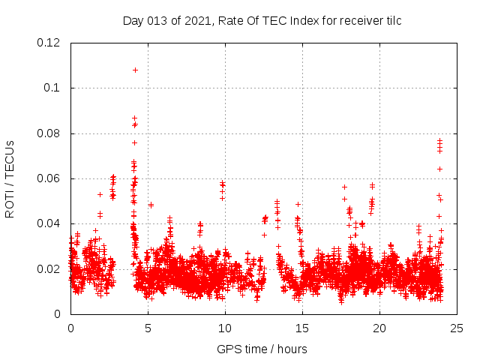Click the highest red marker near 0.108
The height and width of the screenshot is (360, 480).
tap(135, 70)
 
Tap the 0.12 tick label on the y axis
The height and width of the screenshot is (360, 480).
tap(49, 43)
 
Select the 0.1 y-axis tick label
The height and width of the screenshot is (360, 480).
tap(53, 88)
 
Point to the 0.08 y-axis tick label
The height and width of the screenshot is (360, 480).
tap(49, 133)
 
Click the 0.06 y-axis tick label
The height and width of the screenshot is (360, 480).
tap(49, 178)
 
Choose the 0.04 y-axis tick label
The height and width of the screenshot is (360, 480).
tap(49, 223)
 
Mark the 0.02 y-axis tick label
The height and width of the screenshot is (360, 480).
tap(49, 268)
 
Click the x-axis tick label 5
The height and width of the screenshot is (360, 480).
tap(148, 328)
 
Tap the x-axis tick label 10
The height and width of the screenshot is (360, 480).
tap(225, 328)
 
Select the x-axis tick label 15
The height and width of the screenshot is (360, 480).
tap(302, 328)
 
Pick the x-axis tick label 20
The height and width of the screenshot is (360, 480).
tap(379, 328)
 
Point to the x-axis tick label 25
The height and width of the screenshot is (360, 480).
tap(457, 328)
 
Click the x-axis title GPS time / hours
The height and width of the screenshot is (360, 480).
tap(262, 349)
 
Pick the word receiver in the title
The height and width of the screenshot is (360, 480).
tap(359, 20)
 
